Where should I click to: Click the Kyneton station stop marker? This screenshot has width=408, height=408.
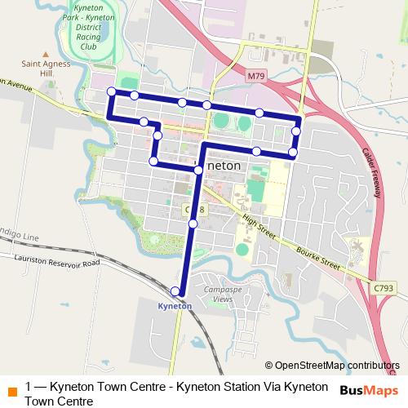[175, 291]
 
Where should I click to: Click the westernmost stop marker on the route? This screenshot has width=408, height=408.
[112, 91]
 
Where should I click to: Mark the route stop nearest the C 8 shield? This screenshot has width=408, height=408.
[193, 224]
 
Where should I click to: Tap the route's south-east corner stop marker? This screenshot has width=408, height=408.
[293, 153]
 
